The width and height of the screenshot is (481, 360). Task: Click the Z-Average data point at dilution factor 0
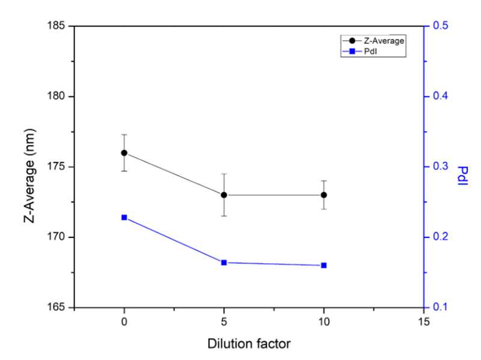pos(124,153)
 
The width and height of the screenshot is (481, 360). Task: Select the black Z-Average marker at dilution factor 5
pos(224,195)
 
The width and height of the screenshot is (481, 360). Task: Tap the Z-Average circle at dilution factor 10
pos(324,195)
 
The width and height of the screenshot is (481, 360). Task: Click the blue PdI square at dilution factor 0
pos(124,217)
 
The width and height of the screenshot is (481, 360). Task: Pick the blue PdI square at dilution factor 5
pos(224,262)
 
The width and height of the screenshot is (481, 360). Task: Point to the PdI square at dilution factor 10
pos(324,265)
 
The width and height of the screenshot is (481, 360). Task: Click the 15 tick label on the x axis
pos(424,322)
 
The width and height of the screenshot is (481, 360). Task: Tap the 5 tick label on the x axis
pos(224,322)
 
